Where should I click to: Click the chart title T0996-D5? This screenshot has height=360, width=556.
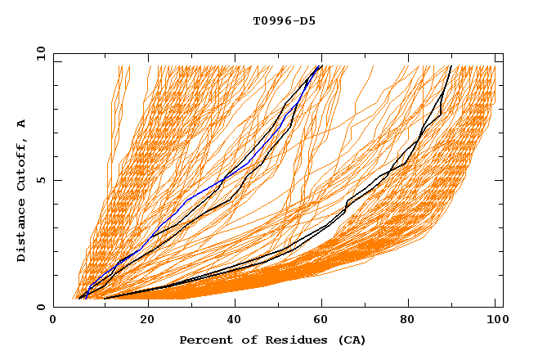click(284, 20)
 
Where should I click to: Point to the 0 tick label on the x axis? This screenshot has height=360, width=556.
click(53, 321)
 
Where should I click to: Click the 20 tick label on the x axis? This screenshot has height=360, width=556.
click(148, 321)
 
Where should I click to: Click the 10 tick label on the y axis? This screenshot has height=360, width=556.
click(40, 53)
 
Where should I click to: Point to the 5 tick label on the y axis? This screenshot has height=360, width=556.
click(40, 180)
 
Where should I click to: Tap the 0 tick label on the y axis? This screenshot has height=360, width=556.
click(40, 307)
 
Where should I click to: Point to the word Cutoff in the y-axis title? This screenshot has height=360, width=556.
click(22, 163)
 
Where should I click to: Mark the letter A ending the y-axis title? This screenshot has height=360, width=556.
click(22, 124)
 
